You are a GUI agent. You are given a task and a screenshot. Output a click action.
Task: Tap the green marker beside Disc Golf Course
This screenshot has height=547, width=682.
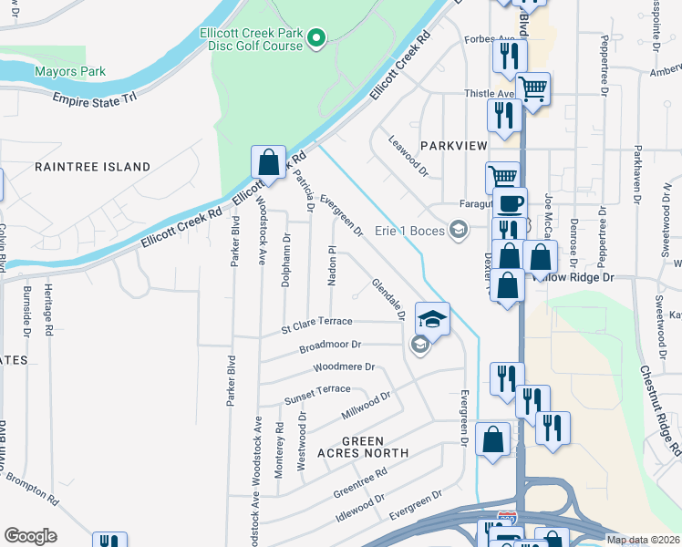(x=315, y=38)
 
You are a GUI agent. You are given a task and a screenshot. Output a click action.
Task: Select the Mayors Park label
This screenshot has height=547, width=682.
(x=70, y=71)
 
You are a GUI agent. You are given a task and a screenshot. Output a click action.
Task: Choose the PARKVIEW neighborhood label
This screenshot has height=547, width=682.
(x=454, y=146)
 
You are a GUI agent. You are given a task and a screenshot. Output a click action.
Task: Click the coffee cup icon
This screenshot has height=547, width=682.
(x=510, y=203)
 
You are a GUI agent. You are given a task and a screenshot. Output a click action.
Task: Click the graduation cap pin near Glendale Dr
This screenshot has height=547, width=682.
(x=432, y=319)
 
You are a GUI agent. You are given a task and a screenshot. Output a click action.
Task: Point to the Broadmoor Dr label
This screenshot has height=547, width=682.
(x=331, y=346)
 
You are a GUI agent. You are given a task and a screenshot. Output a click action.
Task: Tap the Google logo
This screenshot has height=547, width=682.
(x=30, y=536)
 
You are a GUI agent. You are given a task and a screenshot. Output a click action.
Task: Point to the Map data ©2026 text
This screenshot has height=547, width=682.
(x=644, y=540)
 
